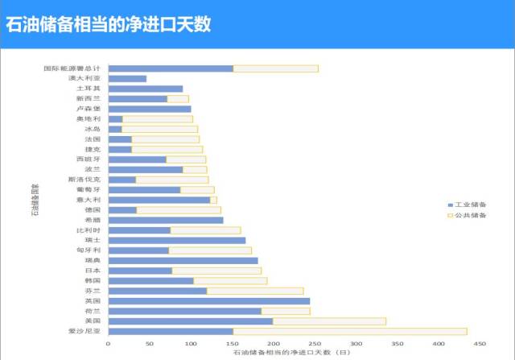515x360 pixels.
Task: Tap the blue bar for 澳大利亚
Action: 127,79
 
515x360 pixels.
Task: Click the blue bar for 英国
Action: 208,301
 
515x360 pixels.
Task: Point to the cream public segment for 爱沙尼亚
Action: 349,331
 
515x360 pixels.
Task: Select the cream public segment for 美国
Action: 329,321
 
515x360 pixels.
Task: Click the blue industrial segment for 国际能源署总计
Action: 171,68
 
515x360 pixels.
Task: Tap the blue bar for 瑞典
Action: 183,261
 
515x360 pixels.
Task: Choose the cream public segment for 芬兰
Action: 255,291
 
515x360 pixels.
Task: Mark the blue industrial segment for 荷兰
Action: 184,311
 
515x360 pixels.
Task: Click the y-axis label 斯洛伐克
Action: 84,180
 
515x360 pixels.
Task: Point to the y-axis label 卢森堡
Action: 88,109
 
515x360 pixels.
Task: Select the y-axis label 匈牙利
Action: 88,250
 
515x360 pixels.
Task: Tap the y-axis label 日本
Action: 92,271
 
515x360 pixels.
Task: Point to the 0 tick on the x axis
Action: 108,344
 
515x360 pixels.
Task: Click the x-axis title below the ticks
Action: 291,353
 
